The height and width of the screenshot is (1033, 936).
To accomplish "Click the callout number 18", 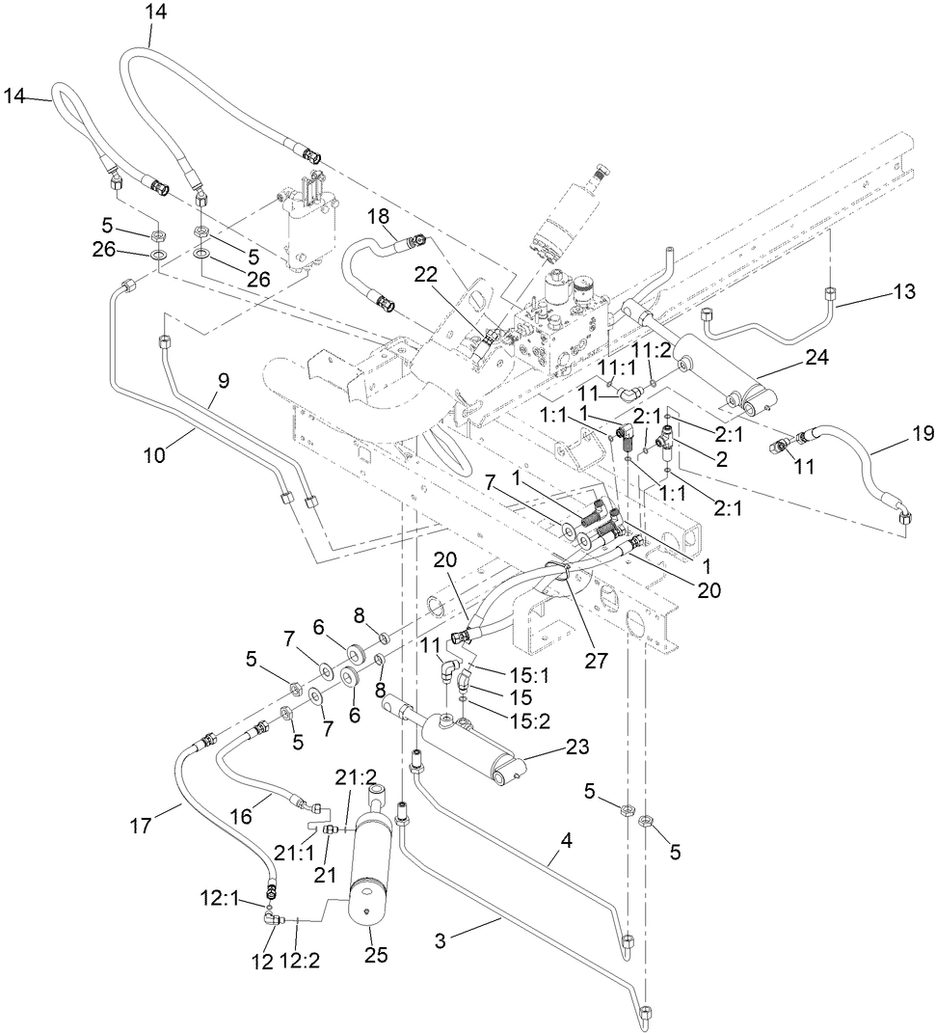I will click(x=376, y=217).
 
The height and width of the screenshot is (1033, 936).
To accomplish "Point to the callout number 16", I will click(x=240, y=815).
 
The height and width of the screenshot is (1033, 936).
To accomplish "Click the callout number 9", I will click(x=222, y=381).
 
